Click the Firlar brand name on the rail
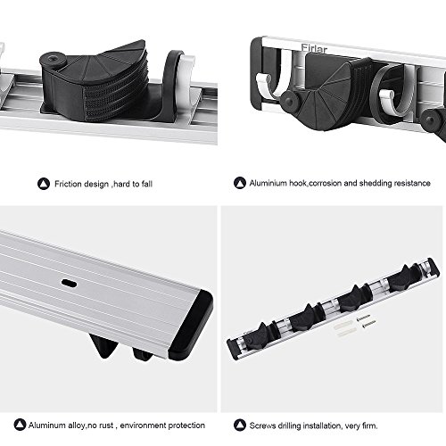click(x=314, y=49)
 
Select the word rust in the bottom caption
click(x=106, y=425)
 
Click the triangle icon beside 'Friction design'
click(x=44, y=184)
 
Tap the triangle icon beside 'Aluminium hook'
click(x=240, y=183)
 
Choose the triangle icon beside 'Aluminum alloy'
click(x=21, y=425)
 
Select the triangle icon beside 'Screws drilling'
click(x=240, y=425)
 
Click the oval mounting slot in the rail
click(x=69, y=283)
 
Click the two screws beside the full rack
click(x=366, y=321)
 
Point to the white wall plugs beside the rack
click(x=344, y=329)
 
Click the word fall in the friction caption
click(x=147, y=184)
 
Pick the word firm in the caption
click(x=370, y=425)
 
